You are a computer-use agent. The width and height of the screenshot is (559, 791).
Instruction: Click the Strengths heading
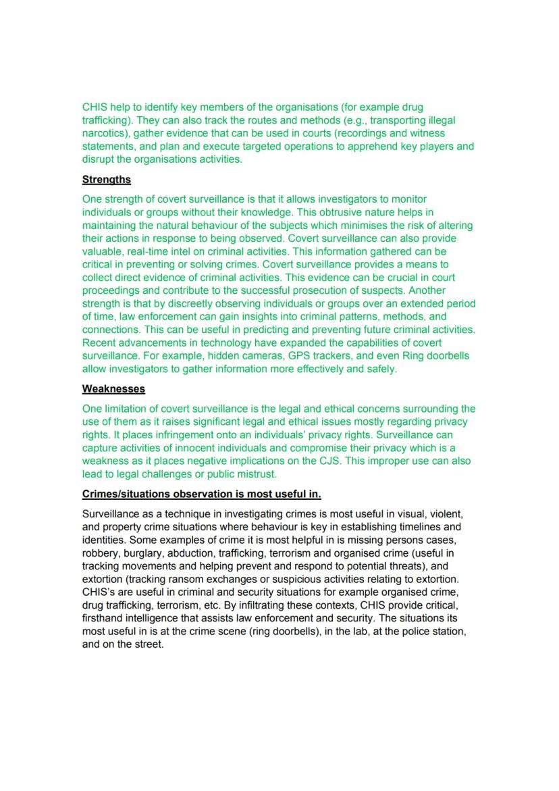coord(107,180)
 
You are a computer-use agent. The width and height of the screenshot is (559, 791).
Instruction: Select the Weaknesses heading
coord(113,389)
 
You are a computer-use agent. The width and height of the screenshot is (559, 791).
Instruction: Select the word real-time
coord(148,251)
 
